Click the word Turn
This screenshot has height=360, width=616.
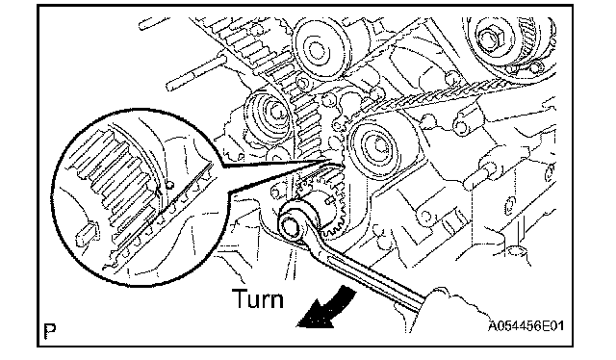click(x=258, y=298)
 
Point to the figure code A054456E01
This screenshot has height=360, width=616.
click(x=526, y=325)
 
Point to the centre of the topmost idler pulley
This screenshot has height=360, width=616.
click(x=315, y=50)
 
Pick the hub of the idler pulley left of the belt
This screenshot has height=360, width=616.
click(x=272, y=112)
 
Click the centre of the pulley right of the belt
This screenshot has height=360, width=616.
click(x=378, y=144)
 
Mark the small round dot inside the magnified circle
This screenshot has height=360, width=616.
click(x=169, y=184)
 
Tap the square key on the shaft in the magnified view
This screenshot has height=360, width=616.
click(x=88, y=233)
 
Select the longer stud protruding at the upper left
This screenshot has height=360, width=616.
click(x=195, y=74)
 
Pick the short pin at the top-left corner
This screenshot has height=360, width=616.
click(x=154, y=23)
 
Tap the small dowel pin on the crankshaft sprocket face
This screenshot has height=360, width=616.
click(x=328, y=200)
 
